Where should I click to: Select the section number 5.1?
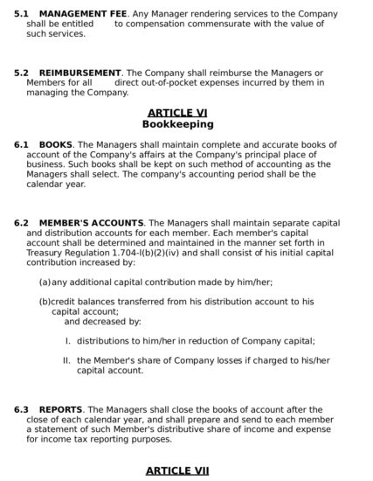21,14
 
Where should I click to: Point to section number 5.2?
21,73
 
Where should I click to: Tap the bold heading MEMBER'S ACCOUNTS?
91,223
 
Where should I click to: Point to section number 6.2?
21,223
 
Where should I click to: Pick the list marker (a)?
45,282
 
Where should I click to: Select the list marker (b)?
45,301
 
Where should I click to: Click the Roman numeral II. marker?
66,359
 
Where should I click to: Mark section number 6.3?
21,409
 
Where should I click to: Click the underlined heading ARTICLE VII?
177,471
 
